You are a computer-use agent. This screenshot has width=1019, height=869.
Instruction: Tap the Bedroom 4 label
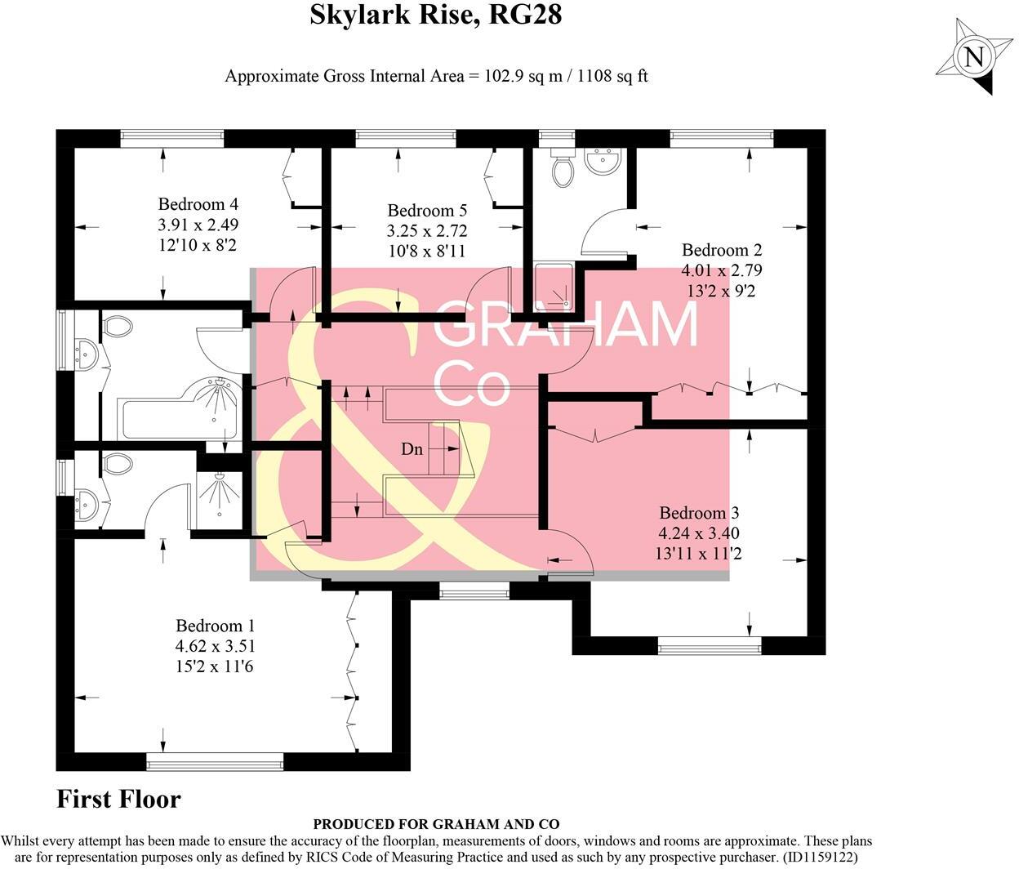click(198, 204)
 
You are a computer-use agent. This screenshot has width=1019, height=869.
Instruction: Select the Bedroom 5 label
click(427, 211)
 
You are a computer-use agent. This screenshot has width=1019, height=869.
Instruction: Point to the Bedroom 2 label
click(722, 250)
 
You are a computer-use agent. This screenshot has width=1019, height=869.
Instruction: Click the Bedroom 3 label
click(699, 513)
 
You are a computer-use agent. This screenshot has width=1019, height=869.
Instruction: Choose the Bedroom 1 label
click(216, 626)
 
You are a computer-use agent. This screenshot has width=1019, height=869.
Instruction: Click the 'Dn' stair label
click(412, 448)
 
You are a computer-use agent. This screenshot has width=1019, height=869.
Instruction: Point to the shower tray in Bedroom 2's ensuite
click(554, 288)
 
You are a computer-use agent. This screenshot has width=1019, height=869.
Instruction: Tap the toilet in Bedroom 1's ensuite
click(118, 464)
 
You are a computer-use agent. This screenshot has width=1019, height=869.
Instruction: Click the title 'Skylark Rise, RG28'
click(436, 15)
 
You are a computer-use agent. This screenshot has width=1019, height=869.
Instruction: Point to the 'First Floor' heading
click(118, 799)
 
